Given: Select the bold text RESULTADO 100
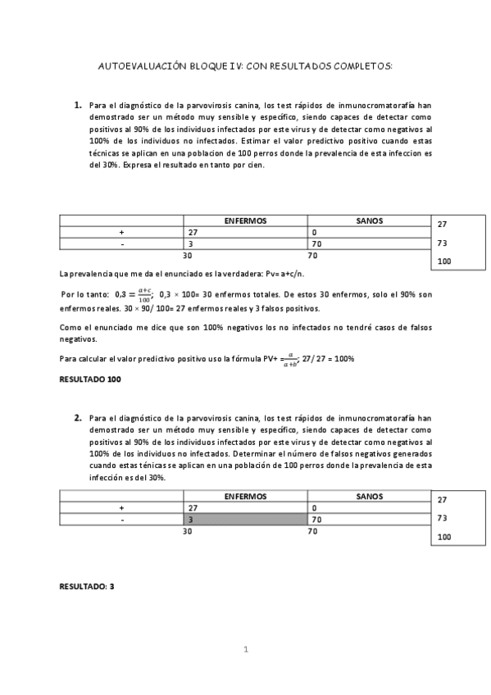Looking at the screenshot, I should click(91, 379).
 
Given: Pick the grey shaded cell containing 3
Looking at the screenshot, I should click(246, 520).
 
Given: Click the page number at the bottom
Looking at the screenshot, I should click(245, 649).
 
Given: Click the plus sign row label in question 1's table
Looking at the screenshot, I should click(121, 233).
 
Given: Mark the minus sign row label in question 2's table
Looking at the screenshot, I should click(121, 520).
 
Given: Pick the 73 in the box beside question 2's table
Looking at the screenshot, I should click(443, 518).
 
